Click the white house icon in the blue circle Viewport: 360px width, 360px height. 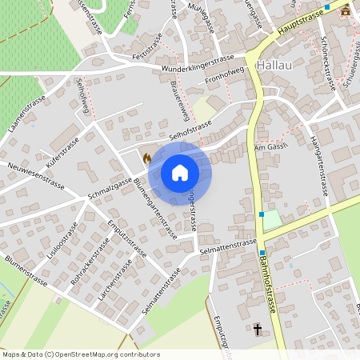tap(179, 173)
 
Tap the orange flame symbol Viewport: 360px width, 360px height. tap(146, 158)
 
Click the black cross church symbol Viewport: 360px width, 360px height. tap(258, 329)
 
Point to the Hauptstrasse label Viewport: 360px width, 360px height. tap(299, 21)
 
